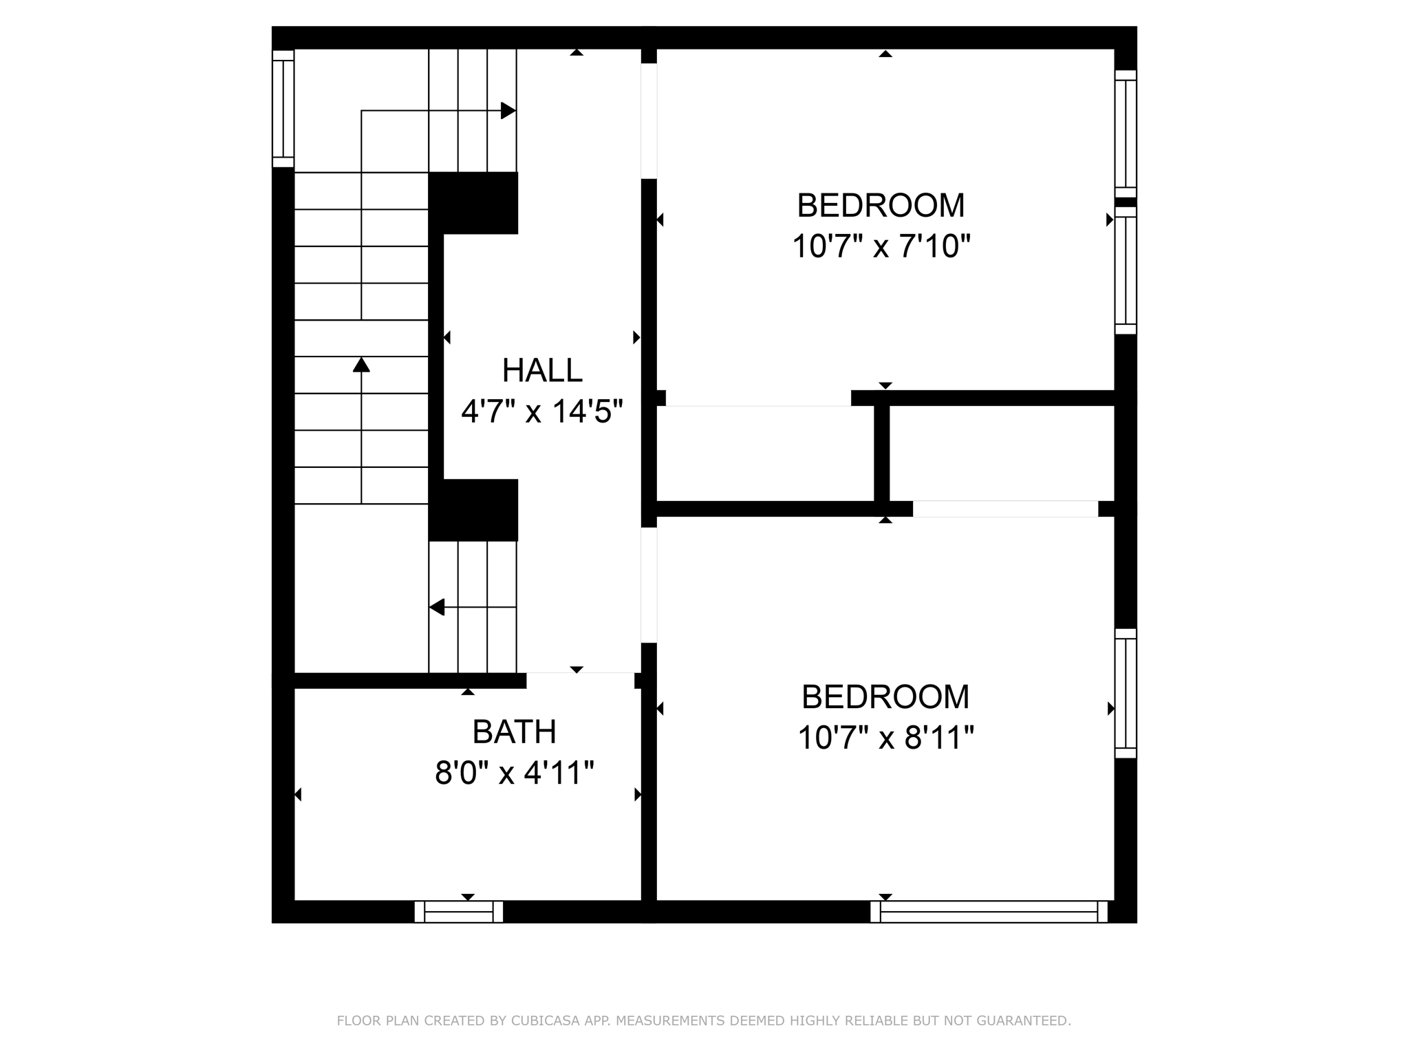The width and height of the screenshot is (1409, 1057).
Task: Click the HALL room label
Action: tap(542, 370)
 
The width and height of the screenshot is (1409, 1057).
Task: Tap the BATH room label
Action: tap(514, 732)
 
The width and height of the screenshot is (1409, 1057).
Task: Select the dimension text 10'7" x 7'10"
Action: tap(881, 246)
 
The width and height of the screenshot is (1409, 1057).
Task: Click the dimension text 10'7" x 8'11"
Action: tap(885, 738)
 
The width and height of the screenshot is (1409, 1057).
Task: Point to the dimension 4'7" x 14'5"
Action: tap(542, 412)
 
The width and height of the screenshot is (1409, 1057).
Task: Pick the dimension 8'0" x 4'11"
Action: tap(514, 772)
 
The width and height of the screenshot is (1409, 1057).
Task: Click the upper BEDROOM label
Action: tap(881, 205)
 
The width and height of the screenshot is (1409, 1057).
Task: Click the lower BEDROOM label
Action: tap(885, 696)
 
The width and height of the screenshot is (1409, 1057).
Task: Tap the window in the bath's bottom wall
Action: tap(459, 912)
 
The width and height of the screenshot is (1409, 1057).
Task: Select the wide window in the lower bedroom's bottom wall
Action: tap(989, 912)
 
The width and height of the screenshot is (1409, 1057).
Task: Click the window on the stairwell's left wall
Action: tap(283, 109)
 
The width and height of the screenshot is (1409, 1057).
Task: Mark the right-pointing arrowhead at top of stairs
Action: tap(508, 110)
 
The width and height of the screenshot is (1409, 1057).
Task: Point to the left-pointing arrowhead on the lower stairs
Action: tap(437, 607)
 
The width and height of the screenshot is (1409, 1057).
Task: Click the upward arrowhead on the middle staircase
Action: tap(361, 364)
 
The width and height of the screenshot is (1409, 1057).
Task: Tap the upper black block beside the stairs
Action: tap(473, 202)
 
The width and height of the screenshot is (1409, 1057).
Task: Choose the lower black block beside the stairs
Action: tap(473, 510)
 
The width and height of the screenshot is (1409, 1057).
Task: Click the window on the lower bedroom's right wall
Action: tap(1126, 693)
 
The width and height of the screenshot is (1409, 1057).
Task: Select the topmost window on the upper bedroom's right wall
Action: tap(1126, 134)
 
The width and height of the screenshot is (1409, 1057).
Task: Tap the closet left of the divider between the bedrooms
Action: tap(765, 453)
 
